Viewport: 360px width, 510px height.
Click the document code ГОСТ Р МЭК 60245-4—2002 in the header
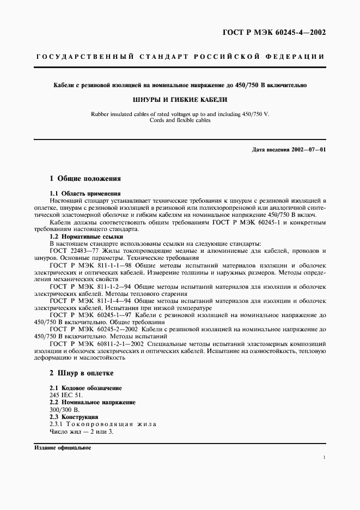[x=275, y=32]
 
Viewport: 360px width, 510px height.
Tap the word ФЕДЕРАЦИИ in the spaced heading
[x=297, y=57]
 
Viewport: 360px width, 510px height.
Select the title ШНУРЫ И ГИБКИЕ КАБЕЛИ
[x=180, y=100]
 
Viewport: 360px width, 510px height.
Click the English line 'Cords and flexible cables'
[x=180, y=120]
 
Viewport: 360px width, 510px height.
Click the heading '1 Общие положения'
[x=85, y=178]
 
